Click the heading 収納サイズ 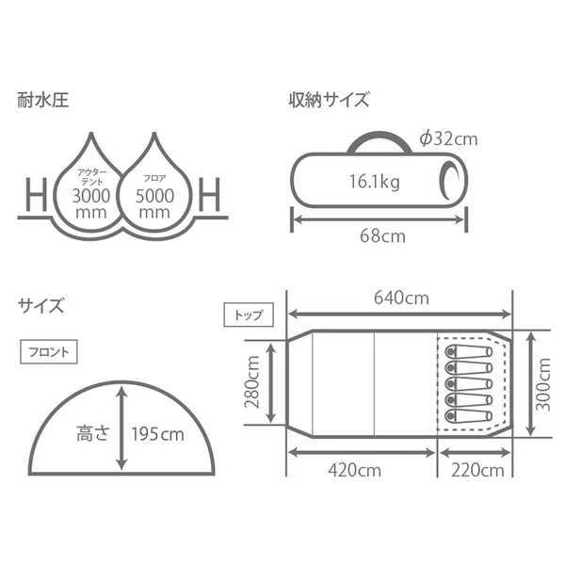pos(330,99)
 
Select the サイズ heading pos(40,305)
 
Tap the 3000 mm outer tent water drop pos(91,187)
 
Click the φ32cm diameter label pos(449,139)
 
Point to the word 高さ pos(92,435)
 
